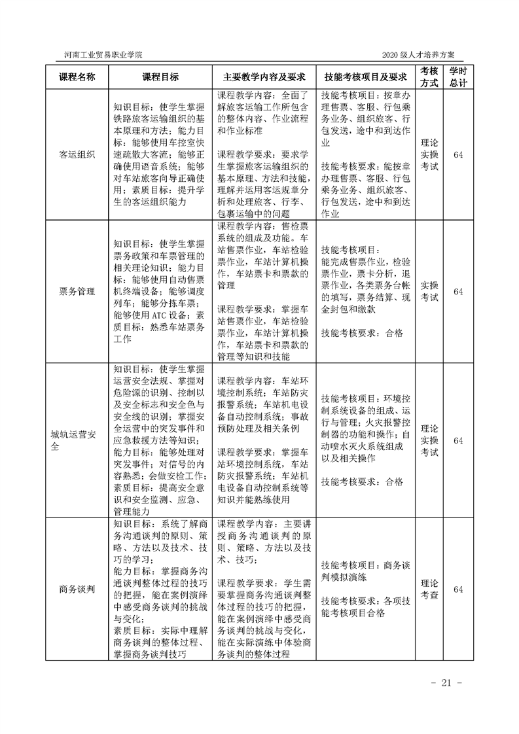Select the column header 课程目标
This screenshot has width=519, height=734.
(x=160, y=77)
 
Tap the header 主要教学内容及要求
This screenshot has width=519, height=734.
(x=264, y=77)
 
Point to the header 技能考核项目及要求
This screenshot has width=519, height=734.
(x=366, y=77)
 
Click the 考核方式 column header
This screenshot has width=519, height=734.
(x=429, y=77)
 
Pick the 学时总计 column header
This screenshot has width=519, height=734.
(x=458, y=77)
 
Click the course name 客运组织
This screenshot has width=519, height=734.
(x=77, y=154)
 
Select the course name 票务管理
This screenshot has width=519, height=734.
(x=77, y=291)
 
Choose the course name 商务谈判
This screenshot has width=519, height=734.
(x=77, y=589)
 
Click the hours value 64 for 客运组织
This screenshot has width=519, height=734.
(x=458, y=154)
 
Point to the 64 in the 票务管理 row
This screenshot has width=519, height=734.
(x=458, y=291)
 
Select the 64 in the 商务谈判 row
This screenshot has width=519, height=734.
(x=458, y=589)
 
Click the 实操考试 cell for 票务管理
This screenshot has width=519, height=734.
(x=429, y=291)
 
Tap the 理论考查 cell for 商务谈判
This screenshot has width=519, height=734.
(x=429, y=589)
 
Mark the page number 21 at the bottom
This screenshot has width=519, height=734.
(x=447, y=684)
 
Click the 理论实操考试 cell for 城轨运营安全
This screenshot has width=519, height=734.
(x=429, y=440)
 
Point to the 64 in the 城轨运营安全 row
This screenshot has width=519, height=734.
(x=458, y=440)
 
